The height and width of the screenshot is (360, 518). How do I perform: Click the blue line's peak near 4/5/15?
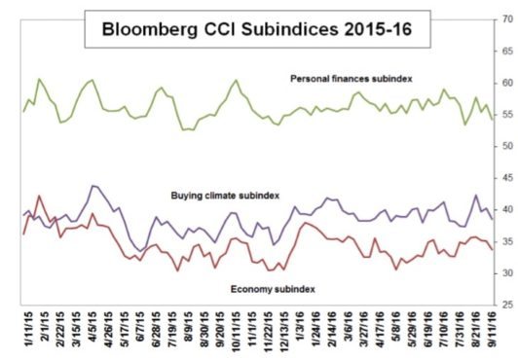(x=93, y=185)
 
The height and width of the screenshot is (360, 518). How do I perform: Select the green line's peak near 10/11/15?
(x=236, y=80)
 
